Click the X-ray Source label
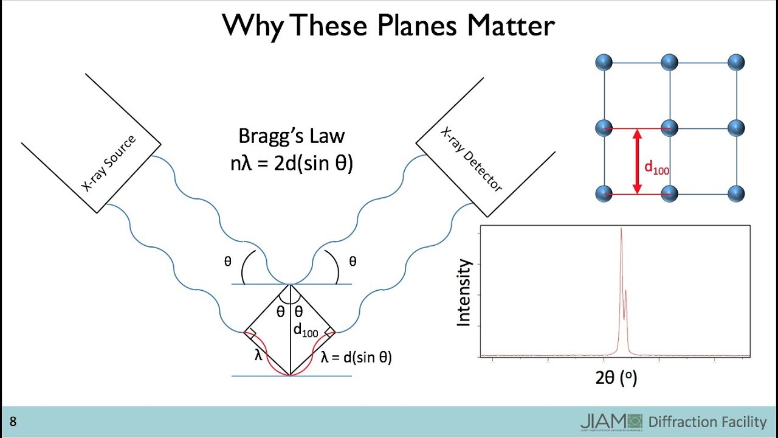pyautogui.click(x=109, y=164)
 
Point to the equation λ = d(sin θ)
pyautogui.click(x=356, y=358)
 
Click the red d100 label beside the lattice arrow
pyautogui.click(x=656, y=167)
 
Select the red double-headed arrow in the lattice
pyautogui.click(x=637, y=162)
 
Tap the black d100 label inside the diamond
pyautogui.click(x=306, y=330)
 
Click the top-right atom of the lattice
pyautogui.click(x=736, y=62)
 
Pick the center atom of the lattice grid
pyautogui.click(x=669, y=128)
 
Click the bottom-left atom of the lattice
pyautogui.click(x=604, y=193)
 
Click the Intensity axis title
pyautogui.click(x=464, y=293)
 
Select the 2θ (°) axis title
pyautogui.click(x=616, y=378)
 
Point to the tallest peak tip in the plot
pyautogui.click(x=621, y=229)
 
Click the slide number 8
pyautogui.click(x=13, y=422)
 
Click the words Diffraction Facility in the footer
pyautogui.click(x=707, y=422)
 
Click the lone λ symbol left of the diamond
pyautogui.click(x=258, y=355)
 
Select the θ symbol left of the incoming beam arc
pyautogui.click(x=228, y=262)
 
